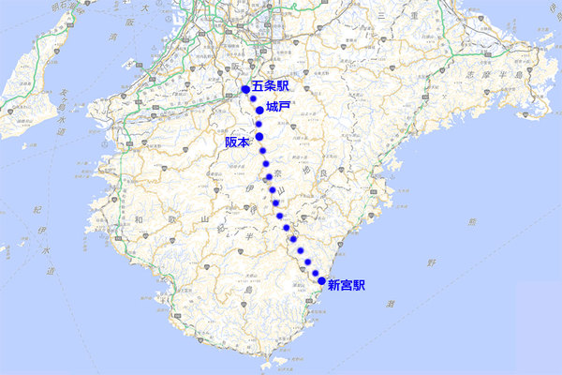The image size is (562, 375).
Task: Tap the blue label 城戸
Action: point(278,107)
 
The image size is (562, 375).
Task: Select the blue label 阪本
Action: point(238,142)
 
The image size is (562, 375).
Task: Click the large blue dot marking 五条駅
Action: point(246,89)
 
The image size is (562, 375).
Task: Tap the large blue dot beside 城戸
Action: point(259,110)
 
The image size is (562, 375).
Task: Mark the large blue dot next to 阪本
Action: point(260,135)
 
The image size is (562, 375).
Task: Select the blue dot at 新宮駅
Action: point(322,281)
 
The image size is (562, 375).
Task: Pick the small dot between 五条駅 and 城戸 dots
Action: point(253,98)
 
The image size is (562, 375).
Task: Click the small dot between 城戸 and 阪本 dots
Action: point(258,123)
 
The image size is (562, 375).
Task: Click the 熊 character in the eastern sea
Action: point(471,222)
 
